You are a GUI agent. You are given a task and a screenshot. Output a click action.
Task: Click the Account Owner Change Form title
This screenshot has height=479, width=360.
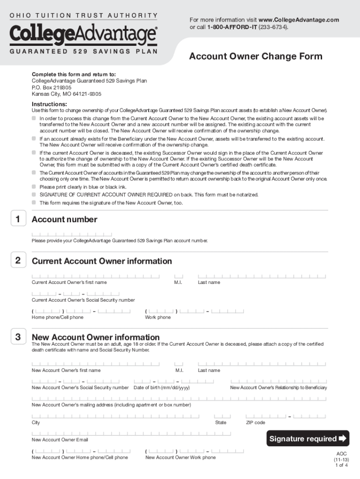coord(255,57)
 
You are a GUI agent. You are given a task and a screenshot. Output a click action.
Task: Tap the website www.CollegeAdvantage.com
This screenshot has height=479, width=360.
coord(298,20)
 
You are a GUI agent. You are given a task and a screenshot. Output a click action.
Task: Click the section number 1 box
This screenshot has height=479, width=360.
coord(17,219)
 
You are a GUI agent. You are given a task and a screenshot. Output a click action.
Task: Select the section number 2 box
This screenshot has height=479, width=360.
coord(17,261)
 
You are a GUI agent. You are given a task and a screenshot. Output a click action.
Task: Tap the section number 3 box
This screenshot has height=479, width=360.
coord(17,337)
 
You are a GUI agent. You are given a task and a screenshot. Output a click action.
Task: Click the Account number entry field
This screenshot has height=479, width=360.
coord(72,234)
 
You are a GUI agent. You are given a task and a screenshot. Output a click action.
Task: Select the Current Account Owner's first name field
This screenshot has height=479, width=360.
coord(95,276)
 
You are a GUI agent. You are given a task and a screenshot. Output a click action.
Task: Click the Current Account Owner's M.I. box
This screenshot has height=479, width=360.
coord(179,276)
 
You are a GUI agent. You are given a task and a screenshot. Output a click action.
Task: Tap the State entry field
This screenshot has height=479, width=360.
coord(223,416)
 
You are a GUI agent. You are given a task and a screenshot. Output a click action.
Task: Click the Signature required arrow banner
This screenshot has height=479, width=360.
coord(308,439)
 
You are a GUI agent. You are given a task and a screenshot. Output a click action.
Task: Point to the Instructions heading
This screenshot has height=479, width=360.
coord(49,104)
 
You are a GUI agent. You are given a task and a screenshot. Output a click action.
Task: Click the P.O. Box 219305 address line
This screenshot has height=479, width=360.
coord(51,87)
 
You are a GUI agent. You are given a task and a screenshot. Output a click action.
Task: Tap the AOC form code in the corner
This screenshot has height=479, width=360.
coord(341,454)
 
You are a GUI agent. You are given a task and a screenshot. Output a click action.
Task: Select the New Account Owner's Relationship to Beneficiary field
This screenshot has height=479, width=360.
coord(279,382)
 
